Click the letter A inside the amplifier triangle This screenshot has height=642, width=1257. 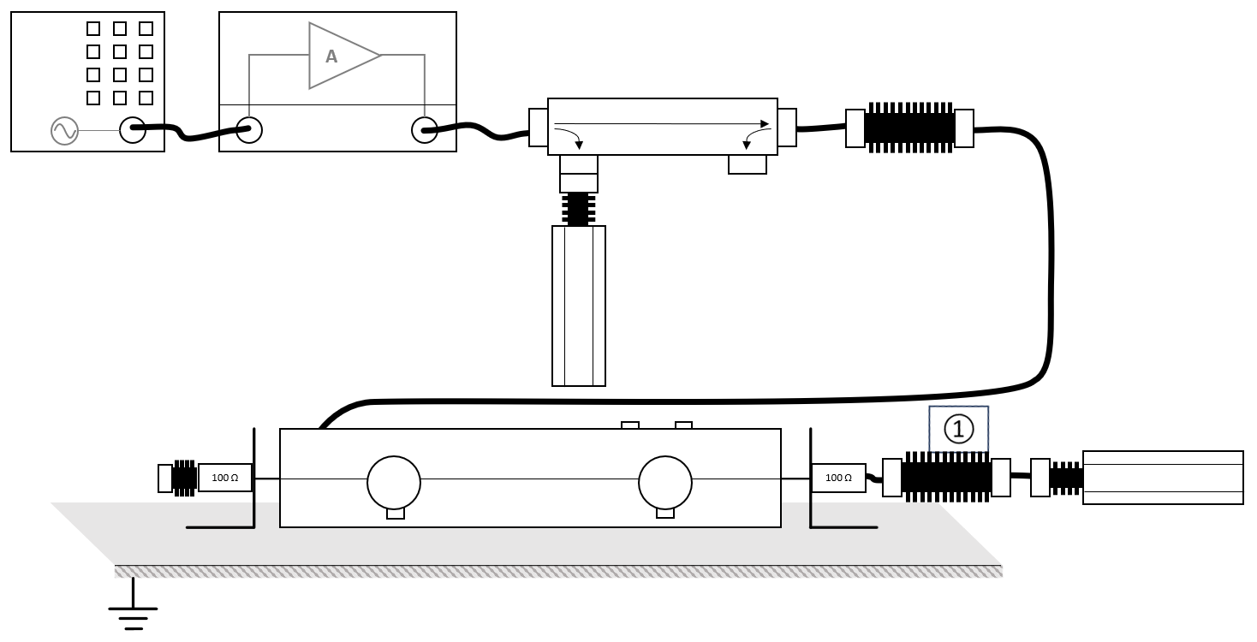[x=331, y=56]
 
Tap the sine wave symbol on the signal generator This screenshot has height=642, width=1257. [x=64, y=131]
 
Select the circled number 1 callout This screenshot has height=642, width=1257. [x=958, y=430]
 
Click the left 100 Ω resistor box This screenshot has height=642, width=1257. [x=225, y=478]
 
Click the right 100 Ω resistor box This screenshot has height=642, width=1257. [x=838, y=478]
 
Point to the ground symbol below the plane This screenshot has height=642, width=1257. [x=133, y=604]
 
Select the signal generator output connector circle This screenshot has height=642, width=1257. [x=133, y=130]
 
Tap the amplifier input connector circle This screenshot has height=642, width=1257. [x=249, y=130]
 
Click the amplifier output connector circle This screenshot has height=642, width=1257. [x=425, y=130]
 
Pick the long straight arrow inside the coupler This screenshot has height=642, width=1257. [x=662, y=123]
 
